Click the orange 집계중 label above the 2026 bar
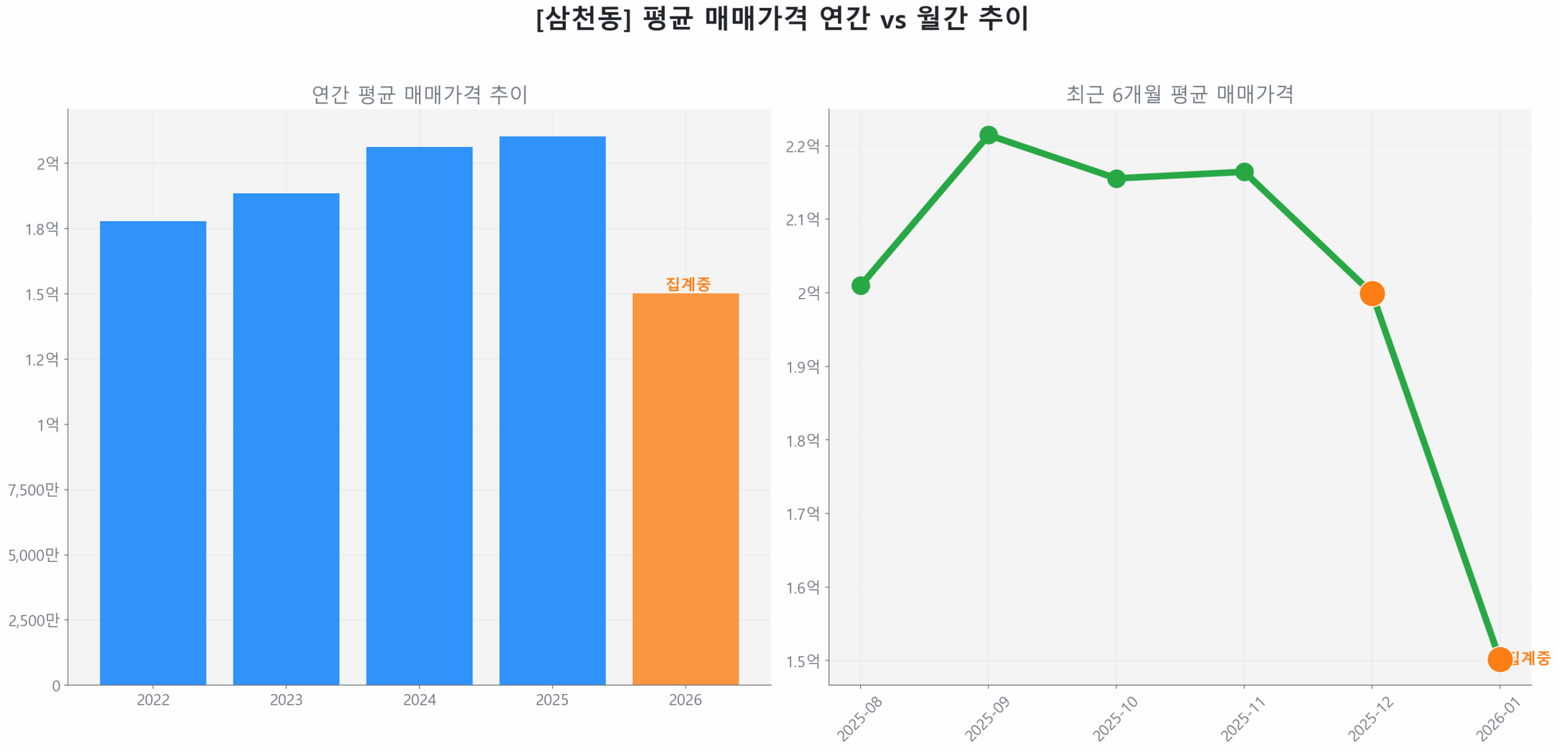[688, 283]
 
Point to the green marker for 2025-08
[860, 285]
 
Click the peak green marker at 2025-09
[988, 135]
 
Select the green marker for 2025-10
[1116, 178]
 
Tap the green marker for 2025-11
[1244, 172]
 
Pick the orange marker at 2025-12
[1371, 293]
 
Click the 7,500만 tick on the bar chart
[34, 489]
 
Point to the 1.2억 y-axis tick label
[42, 359]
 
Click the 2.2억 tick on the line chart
[802, 146]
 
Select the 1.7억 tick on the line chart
[802, 514]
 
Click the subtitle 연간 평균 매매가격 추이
[419, 94]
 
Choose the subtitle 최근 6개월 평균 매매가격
[1179, 94]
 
